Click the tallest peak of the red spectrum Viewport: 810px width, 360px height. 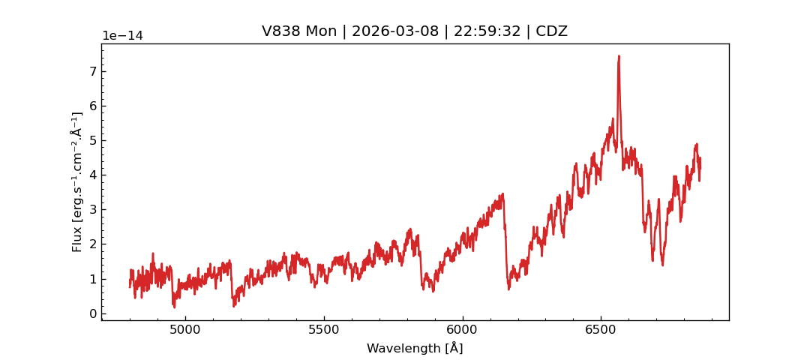pos(619,56)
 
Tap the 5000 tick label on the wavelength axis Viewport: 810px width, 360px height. pos(186,330)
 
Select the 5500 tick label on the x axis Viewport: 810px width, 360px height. pos(324,330)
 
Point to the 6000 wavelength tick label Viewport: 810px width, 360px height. pos(462,330)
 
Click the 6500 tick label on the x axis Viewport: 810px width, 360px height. pos(600,330)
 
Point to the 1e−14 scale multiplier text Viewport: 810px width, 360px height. pos(122,36)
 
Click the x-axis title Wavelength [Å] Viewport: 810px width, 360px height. pos(415,348)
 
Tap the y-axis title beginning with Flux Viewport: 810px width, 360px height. pos(77,181)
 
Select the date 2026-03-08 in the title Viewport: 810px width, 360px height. pos(396,31)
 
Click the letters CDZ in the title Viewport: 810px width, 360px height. pos(551,31)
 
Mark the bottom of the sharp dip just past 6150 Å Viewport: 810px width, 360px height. pos(508,289)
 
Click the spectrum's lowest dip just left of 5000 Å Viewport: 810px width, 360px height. pos(174,307)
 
